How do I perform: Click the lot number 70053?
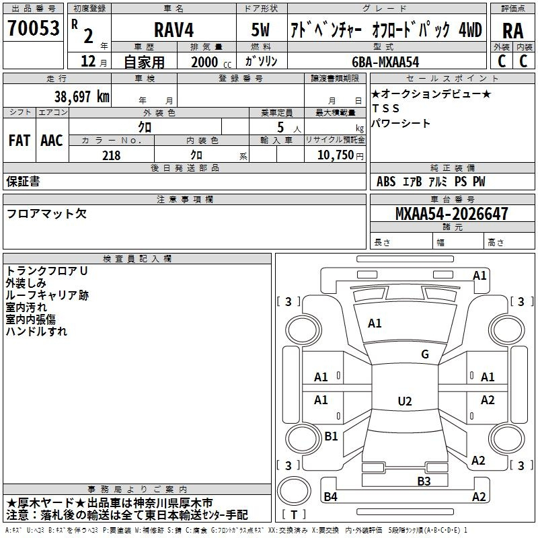pos(34,28)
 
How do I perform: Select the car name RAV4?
pos(174,30)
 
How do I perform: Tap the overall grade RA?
pos(512,31)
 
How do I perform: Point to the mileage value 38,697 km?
pos(81,97)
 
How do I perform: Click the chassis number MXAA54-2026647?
pos(451,213)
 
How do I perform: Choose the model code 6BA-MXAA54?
pos(385,62)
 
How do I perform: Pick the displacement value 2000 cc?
pos(211,62)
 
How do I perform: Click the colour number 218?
pos(112,155)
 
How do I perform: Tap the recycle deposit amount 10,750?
pos(336,155)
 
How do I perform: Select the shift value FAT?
pos(20,141)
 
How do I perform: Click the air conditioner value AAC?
pos(52,141)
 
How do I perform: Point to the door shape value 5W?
pos(260,30)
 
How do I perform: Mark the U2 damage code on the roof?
pos(405,401)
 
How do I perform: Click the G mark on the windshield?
pos(425,354)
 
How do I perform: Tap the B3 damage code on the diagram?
pos(424,482)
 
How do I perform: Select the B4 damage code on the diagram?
pos(330,496)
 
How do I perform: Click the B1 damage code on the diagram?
pos(331,436)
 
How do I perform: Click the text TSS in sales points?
pos(385,108)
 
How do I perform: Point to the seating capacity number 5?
pos(280,127)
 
